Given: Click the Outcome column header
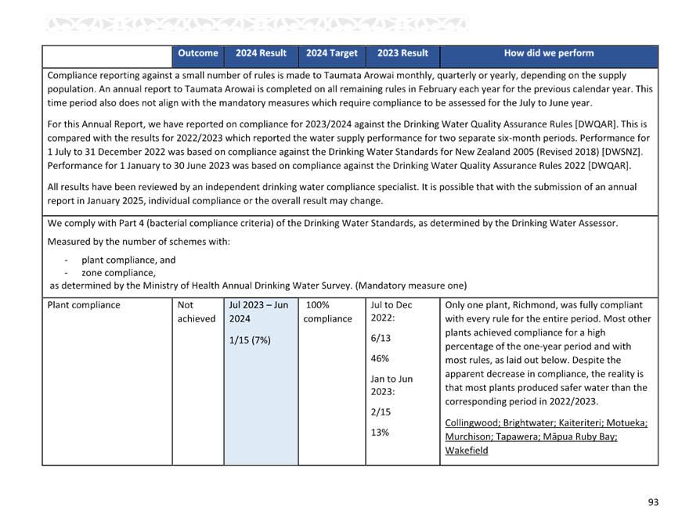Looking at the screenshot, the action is [198, 53].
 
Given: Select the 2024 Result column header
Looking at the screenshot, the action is [261, 53].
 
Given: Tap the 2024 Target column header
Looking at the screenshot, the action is [332, 53].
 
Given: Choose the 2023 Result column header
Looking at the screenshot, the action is [402, 53].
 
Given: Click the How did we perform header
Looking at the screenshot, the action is [549, 53].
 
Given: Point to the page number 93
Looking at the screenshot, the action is [653, 502].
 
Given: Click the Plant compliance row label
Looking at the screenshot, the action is [84, 305].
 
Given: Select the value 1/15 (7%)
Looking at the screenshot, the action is [250, 340].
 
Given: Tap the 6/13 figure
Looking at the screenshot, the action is [381, 338].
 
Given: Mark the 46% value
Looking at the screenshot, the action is [380, 358].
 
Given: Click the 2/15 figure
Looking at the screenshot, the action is [381, 412].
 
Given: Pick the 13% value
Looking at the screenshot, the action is [380, 433].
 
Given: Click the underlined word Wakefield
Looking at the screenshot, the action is [467, 451].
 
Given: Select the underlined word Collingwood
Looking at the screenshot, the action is [472, 422].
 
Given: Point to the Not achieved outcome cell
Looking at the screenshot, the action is [197, 312].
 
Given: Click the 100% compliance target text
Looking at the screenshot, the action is [327, 312].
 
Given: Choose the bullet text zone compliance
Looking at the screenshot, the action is [119, 273].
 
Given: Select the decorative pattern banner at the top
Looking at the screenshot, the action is [257, 24].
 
